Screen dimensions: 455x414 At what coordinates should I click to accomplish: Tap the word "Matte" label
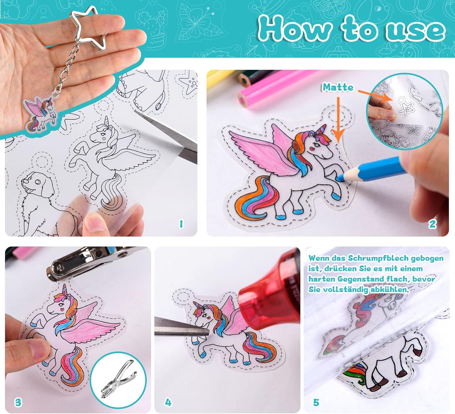[338, 87]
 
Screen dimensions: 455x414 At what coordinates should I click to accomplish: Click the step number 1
[181, 224]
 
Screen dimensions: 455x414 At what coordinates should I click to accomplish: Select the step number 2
[432, 224]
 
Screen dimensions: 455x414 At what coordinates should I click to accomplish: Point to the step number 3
[18, 402]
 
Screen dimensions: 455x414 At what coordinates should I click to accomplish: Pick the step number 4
[168, 402]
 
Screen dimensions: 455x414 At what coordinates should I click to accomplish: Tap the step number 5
[316, 402]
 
